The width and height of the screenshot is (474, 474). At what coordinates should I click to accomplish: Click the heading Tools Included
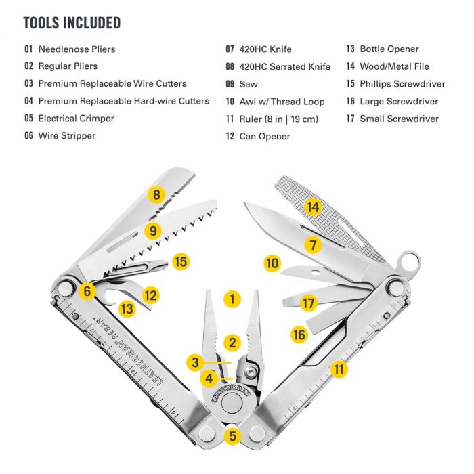(x=72, y=23)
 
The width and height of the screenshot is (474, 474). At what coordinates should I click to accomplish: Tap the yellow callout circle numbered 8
(x=157, y=196)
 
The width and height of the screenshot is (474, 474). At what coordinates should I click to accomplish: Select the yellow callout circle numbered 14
(x=312, y=208)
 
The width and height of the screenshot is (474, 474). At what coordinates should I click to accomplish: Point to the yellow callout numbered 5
(x=233, y=436)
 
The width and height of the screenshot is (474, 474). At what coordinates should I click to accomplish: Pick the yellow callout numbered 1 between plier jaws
(x=232, y=298)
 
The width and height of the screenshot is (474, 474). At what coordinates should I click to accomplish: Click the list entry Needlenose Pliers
(x=77, y=49)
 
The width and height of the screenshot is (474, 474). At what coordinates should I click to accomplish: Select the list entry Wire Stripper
(x=67, y=136)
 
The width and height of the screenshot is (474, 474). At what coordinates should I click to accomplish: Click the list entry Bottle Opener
(x=389, y=49)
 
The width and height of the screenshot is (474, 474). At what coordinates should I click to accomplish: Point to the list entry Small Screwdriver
(x=399, y=119)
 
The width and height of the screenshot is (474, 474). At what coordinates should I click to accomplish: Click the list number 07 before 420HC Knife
(x=230, y=49)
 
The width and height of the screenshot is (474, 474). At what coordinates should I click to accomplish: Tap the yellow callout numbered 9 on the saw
(x=154, y=230)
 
